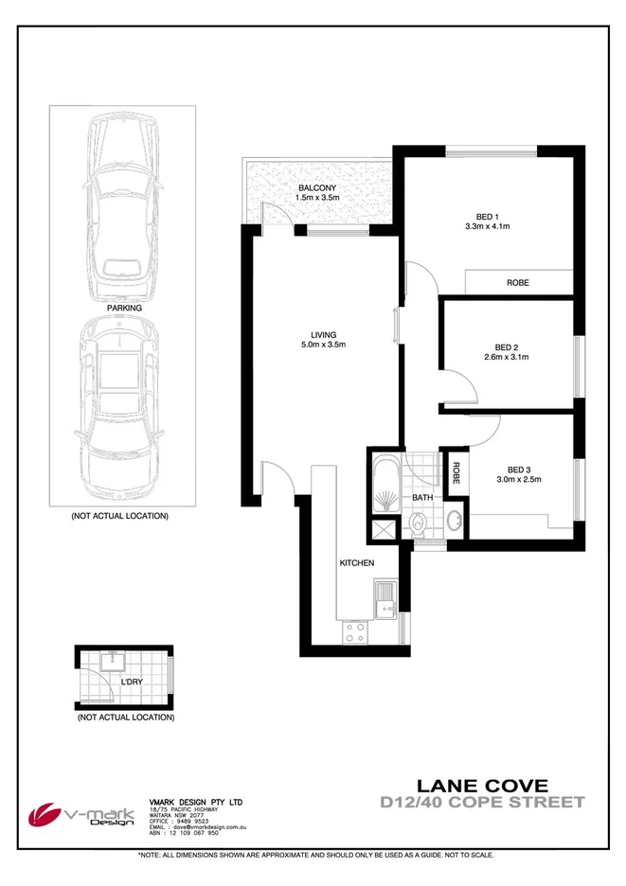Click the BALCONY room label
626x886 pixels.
[x=315, y=187]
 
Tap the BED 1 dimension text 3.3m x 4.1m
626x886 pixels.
[x=488, y=226]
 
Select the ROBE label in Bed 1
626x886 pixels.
[x=517, y=283]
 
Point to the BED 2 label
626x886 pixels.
[x=506, y=346]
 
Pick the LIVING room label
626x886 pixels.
[x=323, y=334]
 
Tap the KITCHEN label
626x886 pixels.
[x=357, y=563]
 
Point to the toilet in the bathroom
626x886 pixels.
[x=421, y=523]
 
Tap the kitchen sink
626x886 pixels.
[x=385, y=597]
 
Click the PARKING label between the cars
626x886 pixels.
[x=124, y=308]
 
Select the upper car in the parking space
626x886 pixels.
[x=123, y=204]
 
